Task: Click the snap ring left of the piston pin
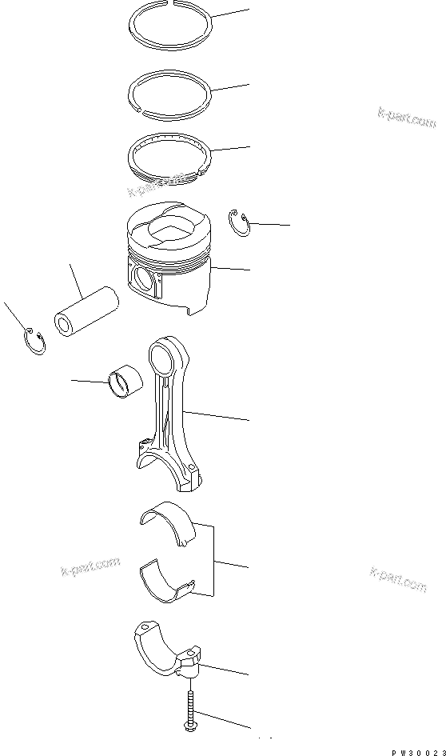[33, 341]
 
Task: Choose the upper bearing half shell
[167, 523]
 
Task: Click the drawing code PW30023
[417, 750]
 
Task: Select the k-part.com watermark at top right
[407, 117]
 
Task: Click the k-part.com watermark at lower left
[90, 567]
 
